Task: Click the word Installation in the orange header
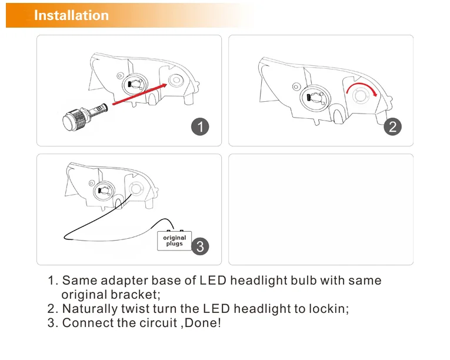pyautogui.click(x=71, y=15)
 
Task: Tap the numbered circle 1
pyautogui.click(x=201, y=126)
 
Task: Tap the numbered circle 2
pyautogui.click(x=392, y=126)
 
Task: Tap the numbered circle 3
pyautogui.click(x=200, y=245)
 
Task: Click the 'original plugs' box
pyautogui.click(x=174, y=241)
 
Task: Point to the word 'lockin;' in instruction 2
pyautogui.click(x=328, y=309)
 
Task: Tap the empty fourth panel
pyautogui.click(x=321, y=209)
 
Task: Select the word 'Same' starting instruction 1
pyautogui.click(x=77, y=281)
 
